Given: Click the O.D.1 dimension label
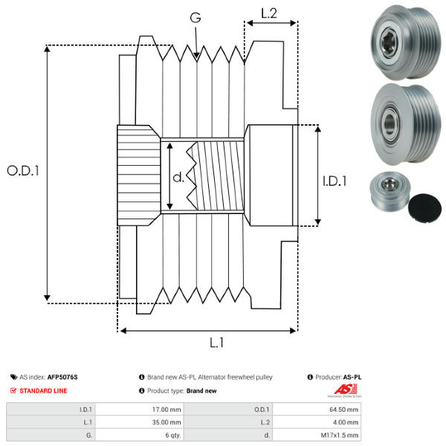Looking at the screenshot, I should tap(23, 170).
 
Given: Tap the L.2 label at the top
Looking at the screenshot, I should tap(268, 13).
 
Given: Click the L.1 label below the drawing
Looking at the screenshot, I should tap(217, 343).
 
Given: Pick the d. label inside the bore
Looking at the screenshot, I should tap(178, 178).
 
